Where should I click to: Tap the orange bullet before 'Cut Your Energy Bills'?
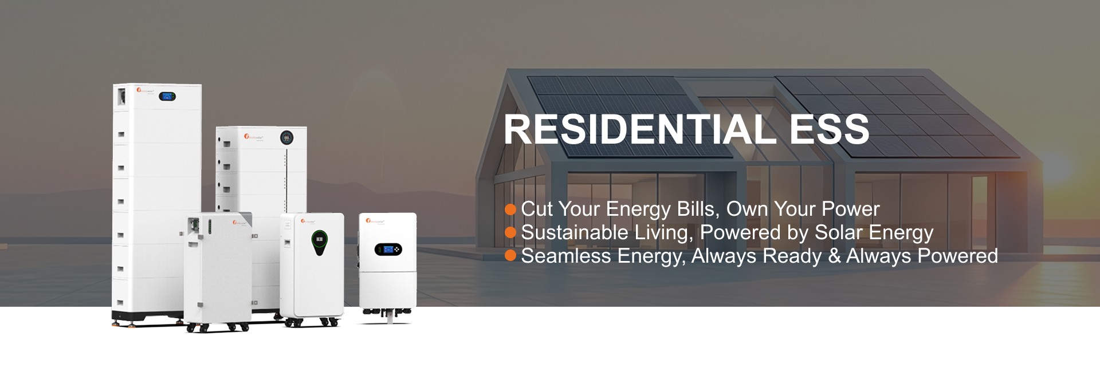coord(510,209)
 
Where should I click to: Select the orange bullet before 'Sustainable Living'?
coord(510,233)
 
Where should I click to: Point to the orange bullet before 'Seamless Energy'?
coord(510,256)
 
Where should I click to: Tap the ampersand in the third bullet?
coord(834,256)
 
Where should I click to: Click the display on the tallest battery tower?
coord(167,96)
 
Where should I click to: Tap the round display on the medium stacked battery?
coord(287,137)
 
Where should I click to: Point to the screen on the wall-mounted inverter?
coord(388,250)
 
